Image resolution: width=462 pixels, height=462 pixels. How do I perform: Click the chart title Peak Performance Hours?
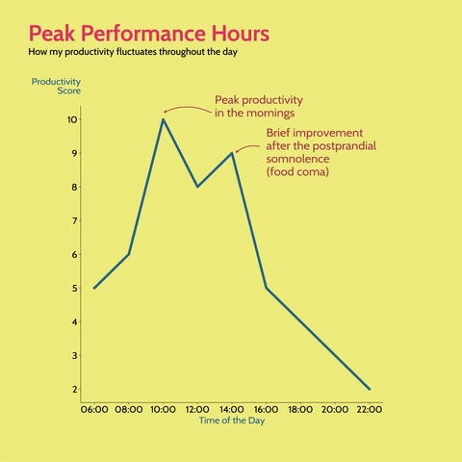(149, 34)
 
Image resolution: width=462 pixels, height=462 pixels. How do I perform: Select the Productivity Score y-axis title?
(56, 86)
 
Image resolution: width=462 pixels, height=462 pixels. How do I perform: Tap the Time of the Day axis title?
(231, 421)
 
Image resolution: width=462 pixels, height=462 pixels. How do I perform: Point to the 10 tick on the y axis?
(72, 119)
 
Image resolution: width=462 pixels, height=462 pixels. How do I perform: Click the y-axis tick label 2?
(73, 389)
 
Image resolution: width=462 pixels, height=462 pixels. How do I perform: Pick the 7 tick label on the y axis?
(73, 220)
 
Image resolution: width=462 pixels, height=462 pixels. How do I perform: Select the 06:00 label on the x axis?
(94, 409)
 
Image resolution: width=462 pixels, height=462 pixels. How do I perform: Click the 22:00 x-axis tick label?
(370, 409)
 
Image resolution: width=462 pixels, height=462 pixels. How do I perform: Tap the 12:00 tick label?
(197, 409)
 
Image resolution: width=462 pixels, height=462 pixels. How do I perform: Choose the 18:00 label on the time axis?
(300, 409)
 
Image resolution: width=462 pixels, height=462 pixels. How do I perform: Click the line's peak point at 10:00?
(163, 119)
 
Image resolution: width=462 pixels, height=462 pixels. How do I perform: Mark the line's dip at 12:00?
(197, 187)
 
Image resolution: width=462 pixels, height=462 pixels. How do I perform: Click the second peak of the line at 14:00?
(232, 153)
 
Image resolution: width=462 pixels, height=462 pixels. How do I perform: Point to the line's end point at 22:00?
(370, 389)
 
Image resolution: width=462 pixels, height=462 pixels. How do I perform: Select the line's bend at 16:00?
(267, 288)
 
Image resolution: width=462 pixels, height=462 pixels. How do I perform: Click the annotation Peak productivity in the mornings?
(258, 106)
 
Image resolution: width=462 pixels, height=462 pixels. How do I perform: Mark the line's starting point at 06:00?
(94, 288)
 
